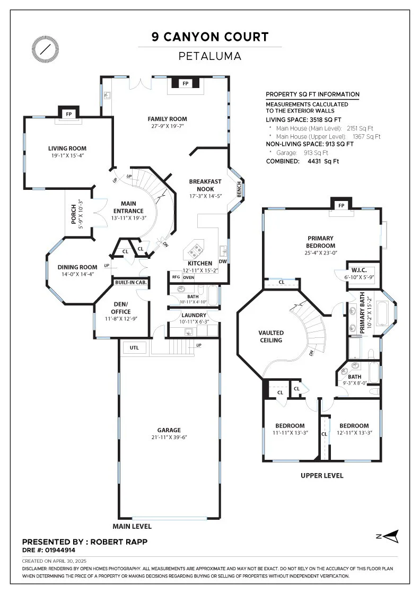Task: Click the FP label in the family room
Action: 185,83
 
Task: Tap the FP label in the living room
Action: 68,114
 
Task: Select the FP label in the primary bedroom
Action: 341,205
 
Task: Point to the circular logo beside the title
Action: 46,49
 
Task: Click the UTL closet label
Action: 134,347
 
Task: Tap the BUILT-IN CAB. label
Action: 130,282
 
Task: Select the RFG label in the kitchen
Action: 176,277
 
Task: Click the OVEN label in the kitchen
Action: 189,277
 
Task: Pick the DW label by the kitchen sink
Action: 223,261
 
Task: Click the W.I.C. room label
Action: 359,270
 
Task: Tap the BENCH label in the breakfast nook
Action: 239,189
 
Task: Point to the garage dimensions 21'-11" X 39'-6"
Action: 169,437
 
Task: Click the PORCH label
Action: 74,214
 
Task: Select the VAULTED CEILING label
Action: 271,336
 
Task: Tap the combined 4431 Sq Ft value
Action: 323,161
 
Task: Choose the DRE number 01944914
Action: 60,550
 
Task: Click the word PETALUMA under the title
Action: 210,56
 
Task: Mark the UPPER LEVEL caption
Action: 322,475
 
